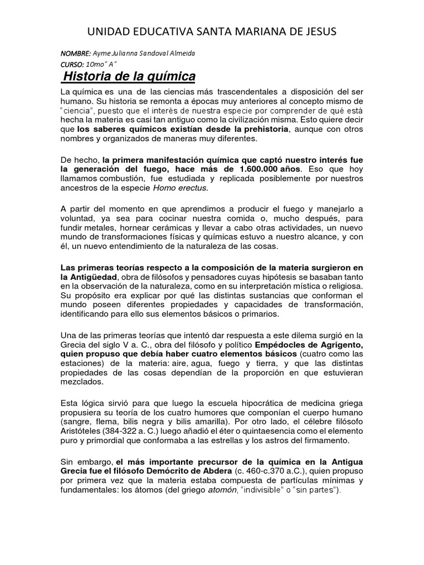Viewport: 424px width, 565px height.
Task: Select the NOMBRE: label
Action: click(75, 53)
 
